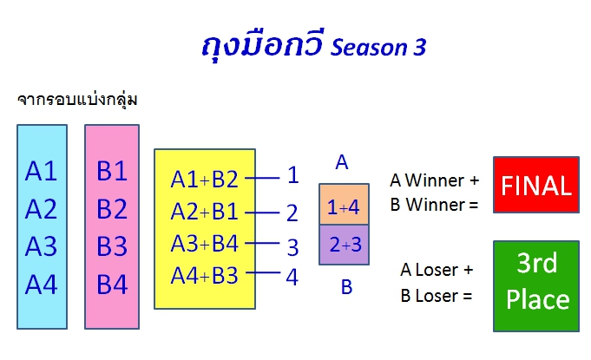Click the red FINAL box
[x=536, y=185]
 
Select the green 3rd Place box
[x=536, y=286]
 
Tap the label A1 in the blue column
[x=41, y=171]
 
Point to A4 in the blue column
[x=41, y=285]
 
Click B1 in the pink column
[x=112, y=171]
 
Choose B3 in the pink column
[x=112, y=246]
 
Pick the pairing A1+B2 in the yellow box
[x=204, y=180]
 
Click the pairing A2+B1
[x=204, y=212]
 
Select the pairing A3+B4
[x=204, y=243]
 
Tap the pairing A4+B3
[x=204, y=276]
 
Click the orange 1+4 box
[x=344, y=205]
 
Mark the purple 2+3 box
[x=344, y=245]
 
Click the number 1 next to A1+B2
[x=293, y=175]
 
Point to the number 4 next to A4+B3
[x=292, y=277]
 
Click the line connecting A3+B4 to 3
[x=262, y=243]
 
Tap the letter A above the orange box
[x=342, y=162]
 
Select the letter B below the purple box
[x=347, y=287]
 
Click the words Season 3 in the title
[x=378, y=48]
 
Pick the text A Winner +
[x=434, y=180]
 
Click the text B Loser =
[x=436, y=296]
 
